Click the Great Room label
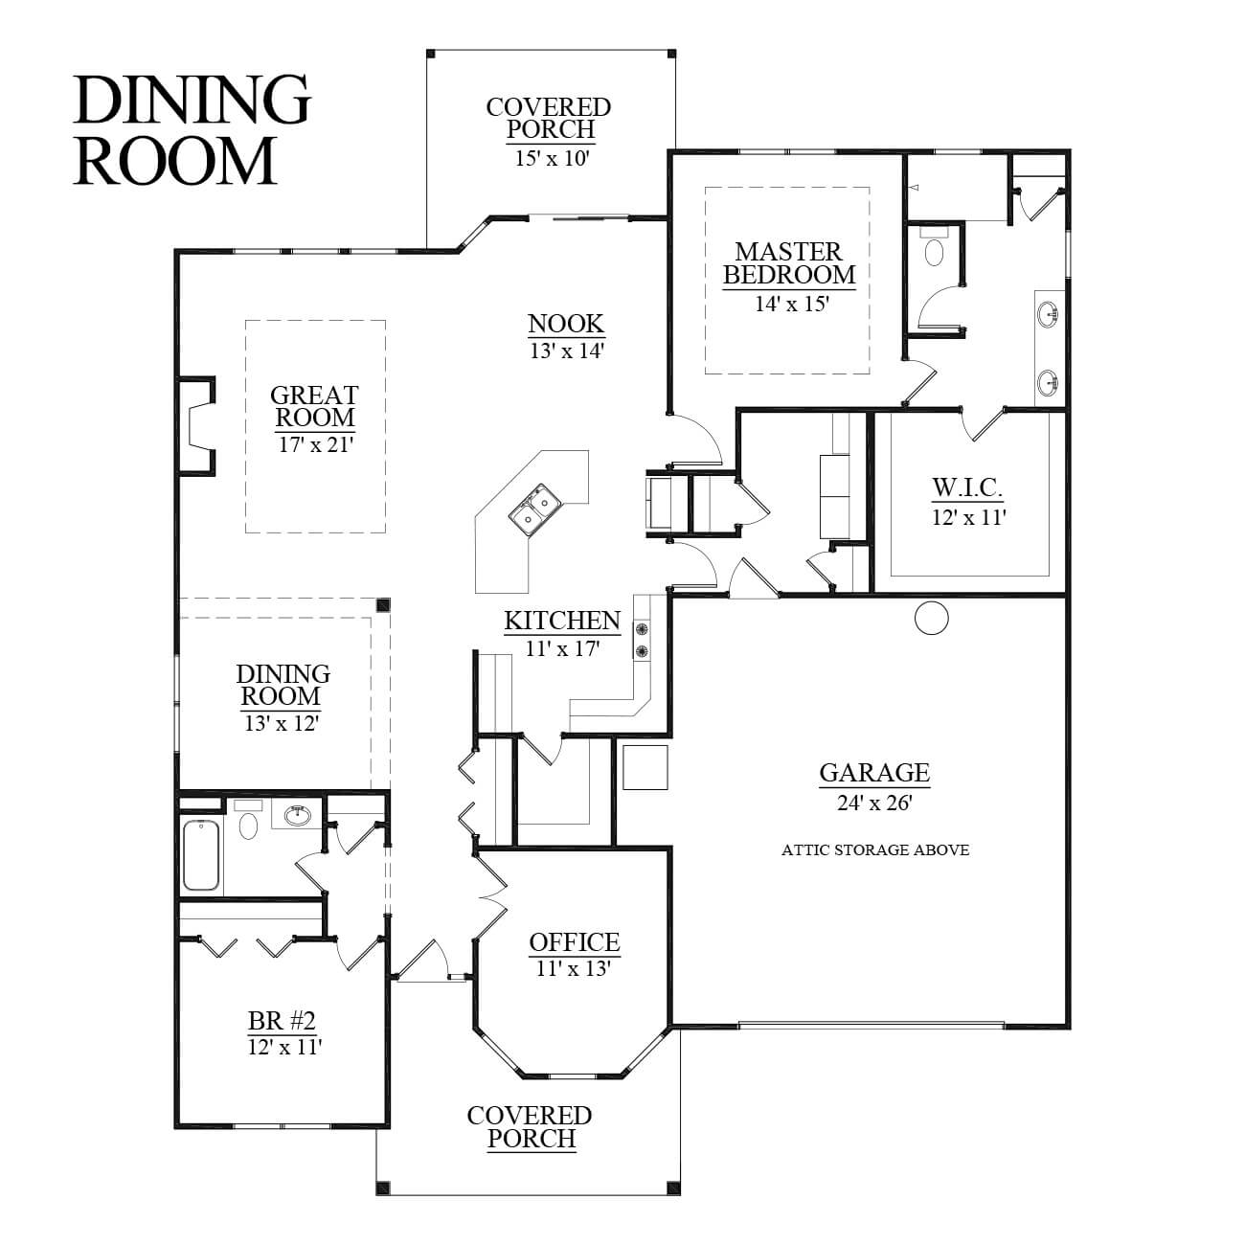pos(314,406)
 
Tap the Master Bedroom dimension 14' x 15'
pos(791,303)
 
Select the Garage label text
pos(874,772)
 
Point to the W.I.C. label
pos(968,487)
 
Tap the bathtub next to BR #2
pos(201,855)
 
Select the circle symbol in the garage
pos(932,619)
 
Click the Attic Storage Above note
pos(874,850)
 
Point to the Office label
pos(575,942)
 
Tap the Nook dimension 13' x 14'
pos(567,351)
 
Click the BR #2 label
pos(282,1022)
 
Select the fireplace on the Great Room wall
pos(195,426)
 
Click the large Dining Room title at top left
pos(192,129)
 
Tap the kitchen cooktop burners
pos(642,640)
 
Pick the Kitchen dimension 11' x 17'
pos(562,648)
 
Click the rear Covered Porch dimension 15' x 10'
pos(552,158)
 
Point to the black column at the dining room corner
pos(384,604)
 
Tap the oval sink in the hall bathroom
pos(298,815)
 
